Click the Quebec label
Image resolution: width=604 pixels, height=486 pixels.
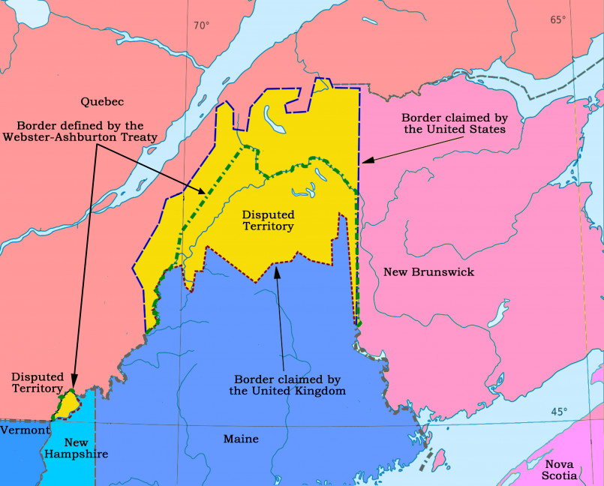tap(102, 101)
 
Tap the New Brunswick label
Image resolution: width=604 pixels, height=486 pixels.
tap(428, 271)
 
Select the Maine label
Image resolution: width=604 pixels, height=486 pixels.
tap(240, 439)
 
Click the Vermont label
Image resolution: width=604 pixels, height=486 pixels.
tap(24, 430)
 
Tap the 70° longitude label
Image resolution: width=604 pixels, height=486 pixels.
tap(201, 25)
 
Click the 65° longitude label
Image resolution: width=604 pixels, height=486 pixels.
tap(557, 19)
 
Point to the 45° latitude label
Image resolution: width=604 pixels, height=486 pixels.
tap(560, 412)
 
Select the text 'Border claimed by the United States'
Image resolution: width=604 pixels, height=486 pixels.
tap(453, 123)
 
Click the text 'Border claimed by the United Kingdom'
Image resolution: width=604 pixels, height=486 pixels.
tap(287, 385)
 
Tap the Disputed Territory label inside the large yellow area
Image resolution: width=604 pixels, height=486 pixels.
tap(267, 220)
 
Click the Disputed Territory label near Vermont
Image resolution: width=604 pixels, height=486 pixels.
tap(37, 382)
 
